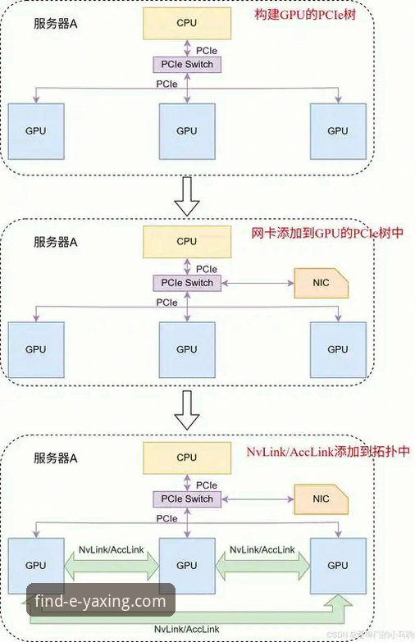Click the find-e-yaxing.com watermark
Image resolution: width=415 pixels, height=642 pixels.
tap(100, 602)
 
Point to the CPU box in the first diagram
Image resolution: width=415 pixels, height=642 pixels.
tap(187, 24)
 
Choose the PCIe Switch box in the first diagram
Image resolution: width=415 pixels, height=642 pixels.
tap(187, 64)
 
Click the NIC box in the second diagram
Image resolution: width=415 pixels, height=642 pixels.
tap(321, 284)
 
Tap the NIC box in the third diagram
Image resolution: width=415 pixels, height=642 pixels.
tap(321, 499)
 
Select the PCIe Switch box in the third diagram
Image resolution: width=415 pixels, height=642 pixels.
tap(187, 499)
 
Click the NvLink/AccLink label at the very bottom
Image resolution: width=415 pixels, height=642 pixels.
tap(186, 626)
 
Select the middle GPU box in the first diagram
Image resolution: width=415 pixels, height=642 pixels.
tap(187, 131)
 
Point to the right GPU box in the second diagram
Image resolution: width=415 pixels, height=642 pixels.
tap(337, 348)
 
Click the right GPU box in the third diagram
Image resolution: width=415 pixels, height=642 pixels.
tap(337, 565)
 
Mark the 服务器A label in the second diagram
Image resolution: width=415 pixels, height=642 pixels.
tap(56, 242)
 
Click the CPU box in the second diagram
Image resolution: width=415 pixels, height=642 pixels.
tap(187, 241)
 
